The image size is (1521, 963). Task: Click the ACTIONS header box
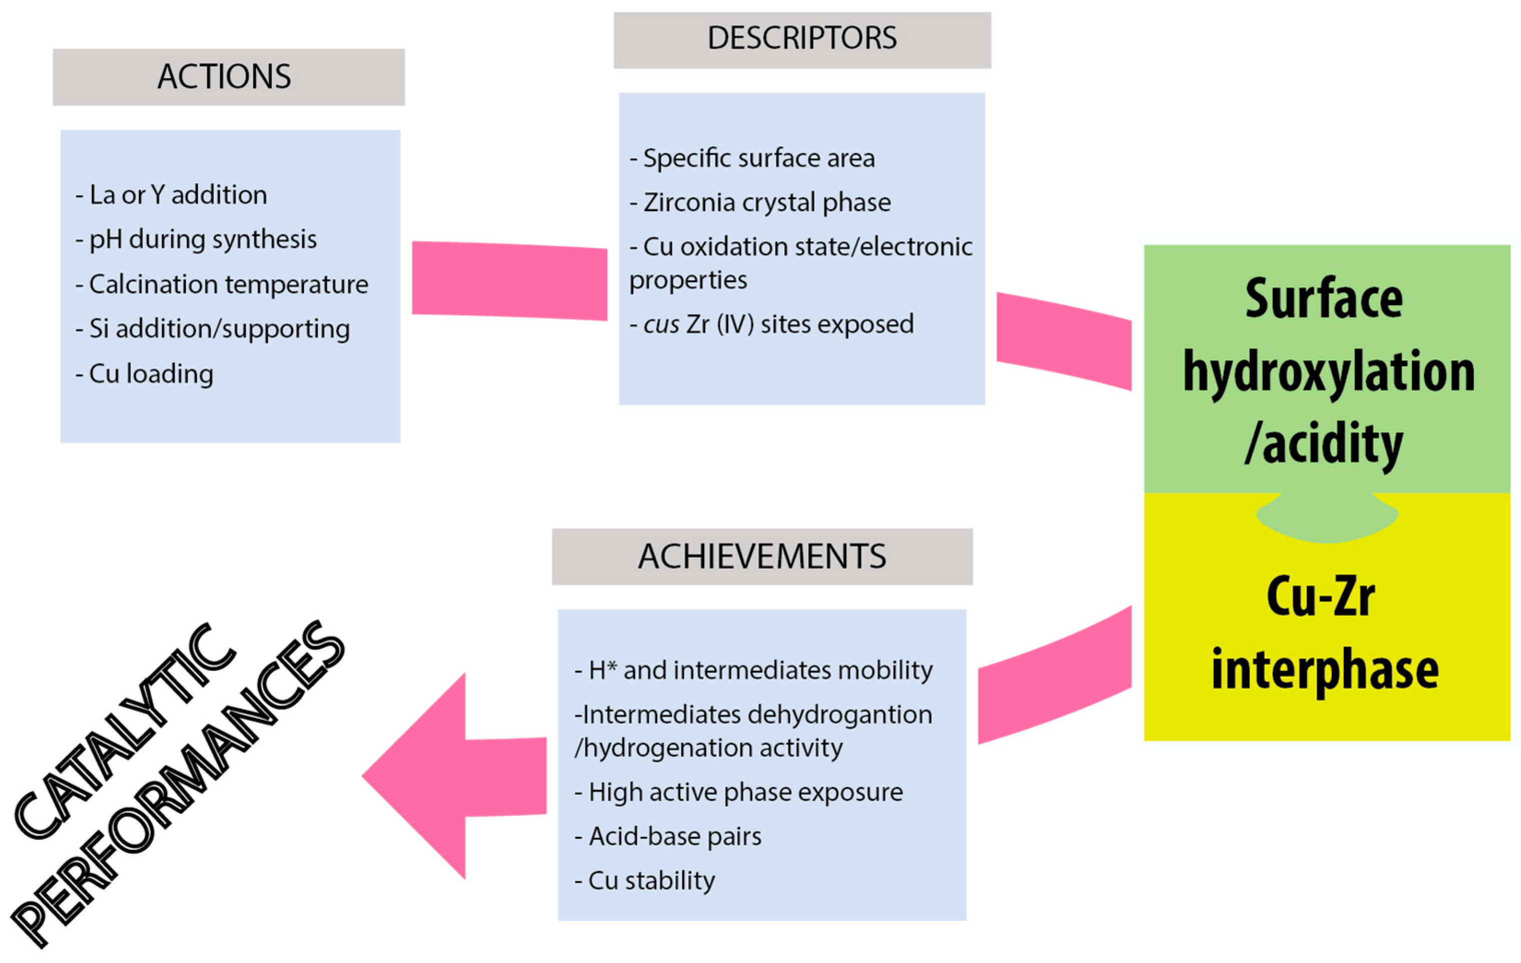click(228, 77)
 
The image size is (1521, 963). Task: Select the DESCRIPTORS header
click(802, 39)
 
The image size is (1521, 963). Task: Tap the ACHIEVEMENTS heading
click(762, 556)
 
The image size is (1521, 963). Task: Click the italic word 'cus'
click(661, 325)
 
